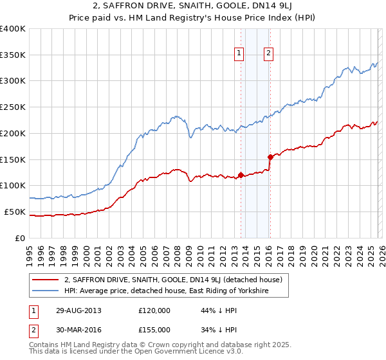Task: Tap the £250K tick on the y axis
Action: [x=13, y=107]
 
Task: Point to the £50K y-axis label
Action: [x=15, y=212]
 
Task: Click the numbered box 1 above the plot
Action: [x=239, y=54]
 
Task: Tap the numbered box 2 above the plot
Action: [x=268, y=54]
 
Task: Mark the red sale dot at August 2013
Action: [x=241, y=175]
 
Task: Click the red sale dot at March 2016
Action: [x=270, y=157]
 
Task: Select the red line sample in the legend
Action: [x=46, y=280]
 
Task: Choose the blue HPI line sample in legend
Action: [x=46, y=291]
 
